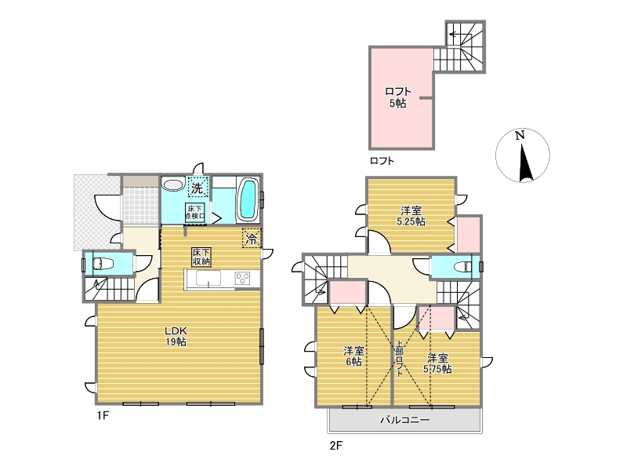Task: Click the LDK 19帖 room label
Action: click(x=176, y=337)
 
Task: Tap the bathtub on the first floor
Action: click(x=248, y=199)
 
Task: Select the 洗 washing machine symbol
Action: click(x=198, y=187)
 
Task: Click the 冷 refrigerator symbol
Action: click(x=251, y=239)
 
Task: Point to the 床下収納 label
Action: click(x=201, y=257)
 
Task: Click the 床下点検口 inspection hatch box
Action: click(x=195, y=212)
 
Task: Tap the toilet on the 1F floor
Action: click(x=103, y=264)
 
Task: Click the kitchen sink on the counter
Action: click(x=208, y=279)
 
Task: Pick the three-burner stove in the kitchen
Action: click(x=242, y=279)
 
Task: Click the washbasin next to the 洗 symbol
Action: click(x=172, y=185)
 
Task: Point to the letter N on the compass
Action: click(x=520, y=135)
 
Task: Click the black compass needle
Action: click(x=524, y=163)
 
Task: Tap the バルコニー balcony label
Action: click(x=404, y=420)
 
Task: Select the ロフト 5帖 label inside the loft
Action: click(x=398, y=97)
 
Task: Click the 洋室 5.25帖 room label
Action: click(x=411, y=216)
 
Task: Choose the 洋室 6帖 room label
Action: click(x=354, y=356)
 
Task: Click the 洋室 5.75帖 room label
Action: click(x=437, y=363)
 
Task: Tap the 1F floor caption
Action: click(x=103, y=415)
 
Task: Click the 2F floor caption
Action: click(x=336, y=445)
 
